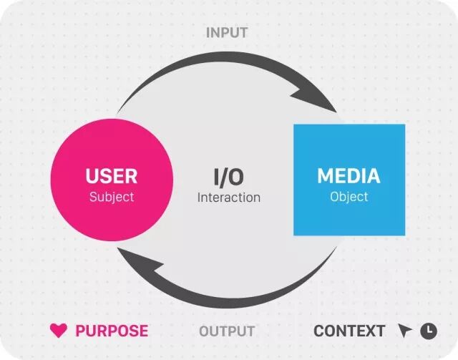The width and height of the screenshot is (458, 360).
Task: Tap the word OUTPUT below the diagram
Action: click(226, 331)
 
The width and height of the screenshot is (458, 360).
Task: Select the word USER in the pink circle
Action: click(111, 175)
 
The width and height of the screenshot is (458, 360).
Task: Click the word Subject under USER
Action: click(111, 196)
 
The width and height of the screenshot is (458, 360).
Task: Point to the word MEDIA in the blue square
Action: click(349, 175)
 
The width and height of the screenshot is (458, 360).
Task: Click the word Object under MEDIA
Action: click(349, 196)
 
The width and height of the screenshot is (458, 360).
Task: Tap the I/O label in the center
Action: click(229, 175)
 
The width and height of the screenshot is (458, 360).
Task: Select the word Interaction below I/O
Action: click(229, 197)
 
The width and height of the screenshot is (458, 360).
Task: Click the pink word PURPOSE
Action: click(112, 331)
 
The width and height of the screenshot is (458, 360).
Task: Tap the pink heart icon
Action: click(58, 331)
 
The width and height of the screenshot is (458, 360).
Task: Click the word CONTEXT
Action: click(349, 331)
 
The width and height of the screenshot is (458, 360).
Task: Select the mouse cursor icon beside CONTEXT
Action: click(406, 331)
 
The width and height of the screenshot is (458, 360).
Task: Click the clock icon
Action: click(428, 331)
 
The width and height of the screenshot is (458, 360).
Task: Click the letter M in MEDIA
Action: click(326, 175)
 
